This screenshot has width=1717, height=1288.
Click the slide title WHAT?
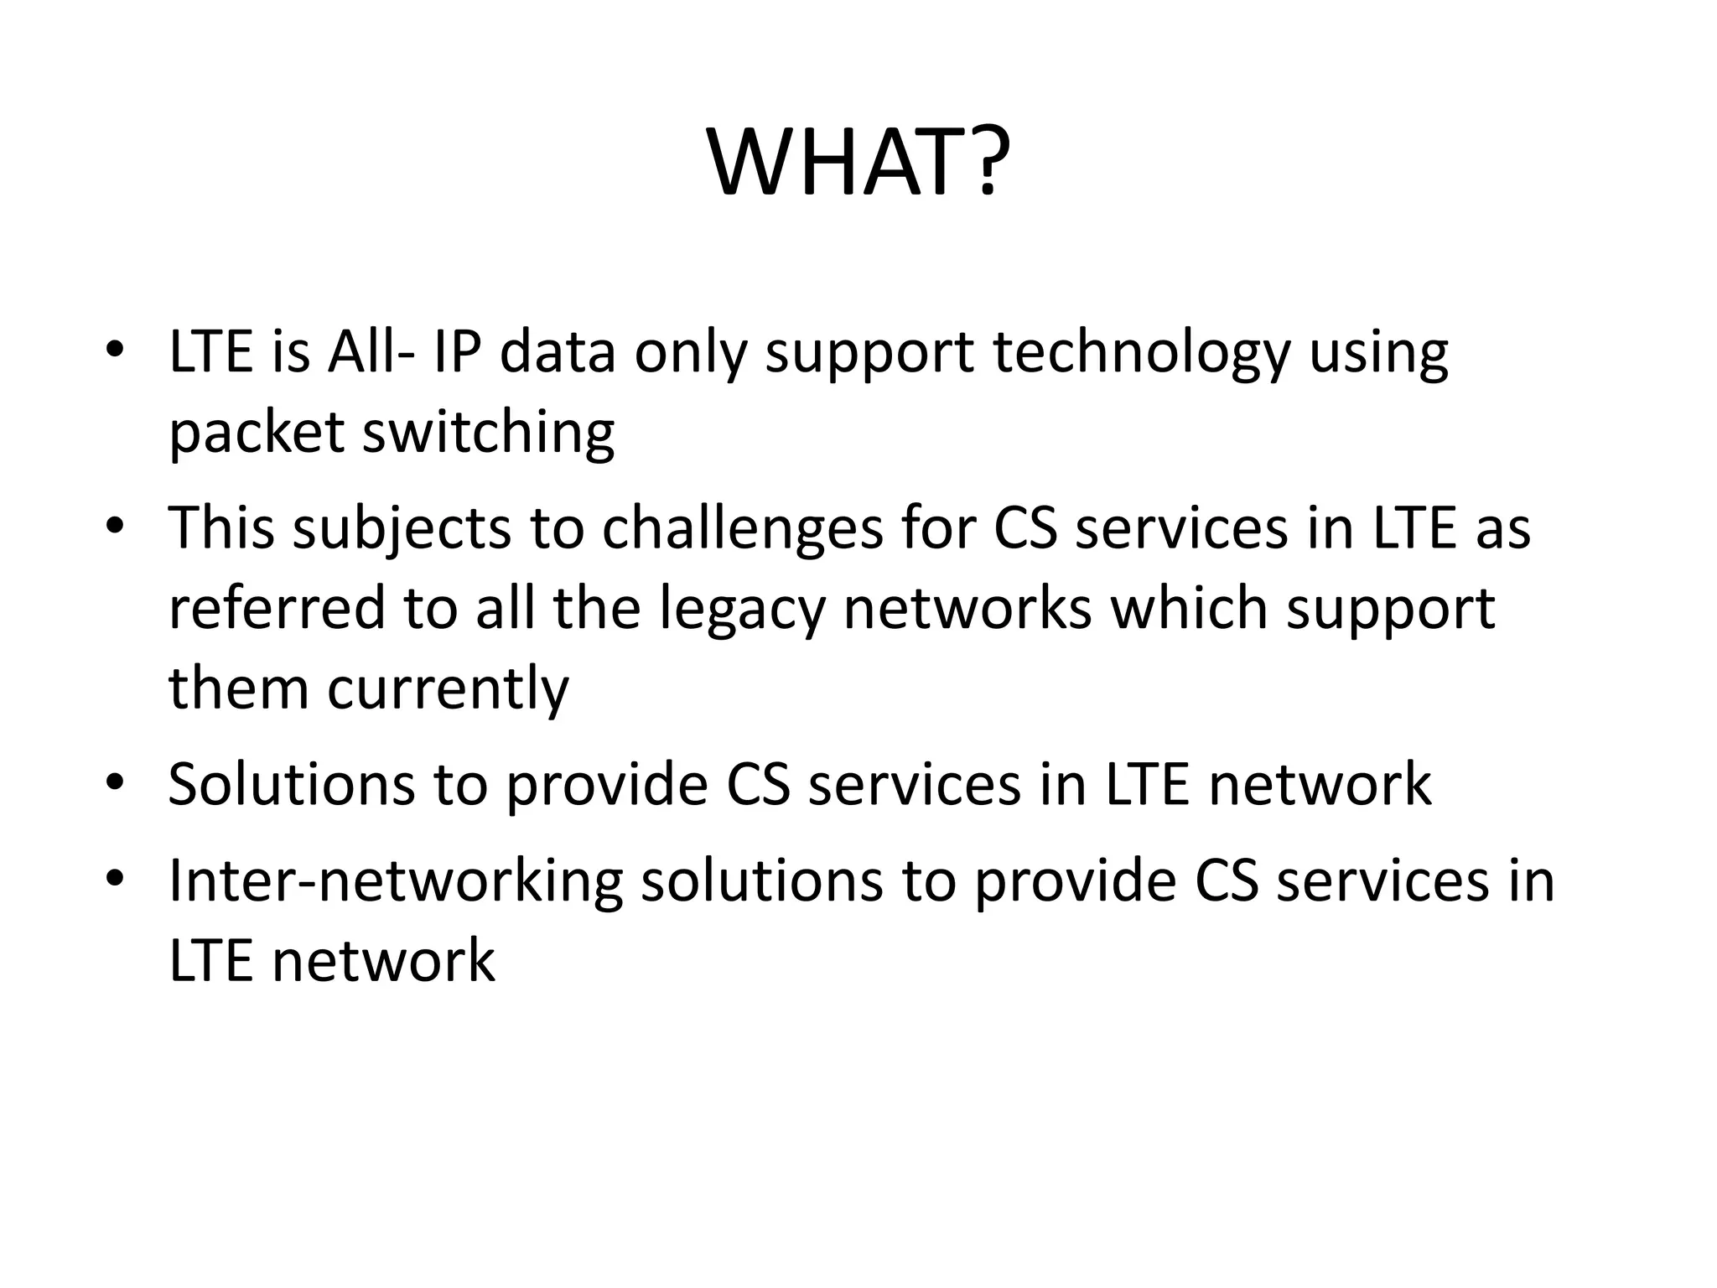pos(858,164)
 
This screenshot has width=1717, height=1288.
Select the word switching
pos(489,433)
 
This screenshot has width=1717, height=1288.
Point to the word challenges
pos(743,529)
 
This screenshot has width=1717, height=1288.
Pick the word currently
pos(448,689)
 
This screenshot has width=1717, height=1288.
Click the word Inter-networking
pos(396,881)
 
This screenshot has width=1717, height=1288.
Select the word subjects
pos(402,529)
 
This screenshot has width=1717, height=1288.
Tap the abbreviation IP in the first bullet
pos(457,352)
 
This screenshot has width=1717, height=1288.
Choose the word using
pos(1378,354)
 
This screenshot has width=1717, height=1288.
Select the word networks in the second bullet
pos(967,608)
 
